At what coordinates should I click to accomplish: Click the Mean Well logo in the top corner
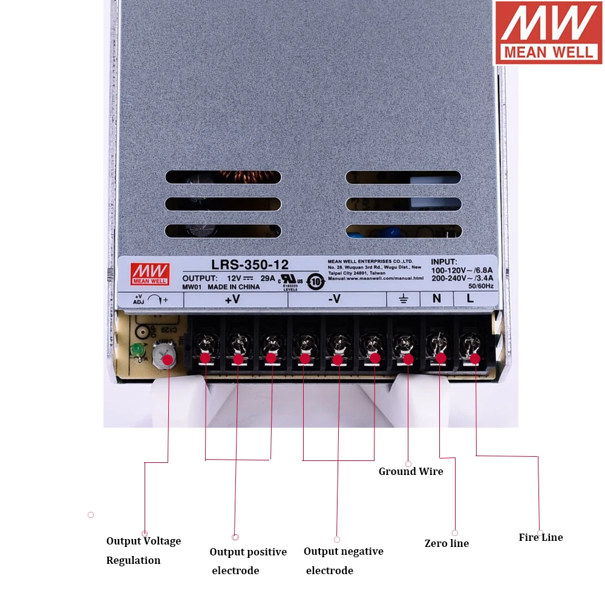pyautogui.click(x=549, y=32)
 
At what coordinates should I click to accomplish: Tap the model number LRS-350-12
pyautogui.click(x=250, y=264)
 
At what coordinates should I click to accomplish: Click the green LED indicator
pyautogui.click(x=137, y=350)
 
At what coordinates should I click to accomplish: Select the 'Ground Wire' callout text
pyautogui.click(x=411, y=471)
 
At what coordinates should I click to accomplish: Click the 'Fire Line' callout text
pyautogui.click(x=541, y=537)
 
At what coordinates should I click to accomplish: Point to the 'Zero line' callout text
pyautogui.click(x=446, y=543)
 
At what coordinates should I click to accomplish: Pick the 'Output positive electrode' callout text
pyautogui.click(x=248, y=561)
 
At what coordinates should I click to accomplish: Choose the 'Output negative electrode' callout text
pyautogui.click(x=343, y=561)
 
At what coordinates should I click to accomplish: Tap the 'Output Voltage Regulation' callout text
pyautogui.click(x=143, y=551)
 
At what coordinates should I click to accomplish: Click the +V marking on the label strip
pyautogui.click(x=232, y=299)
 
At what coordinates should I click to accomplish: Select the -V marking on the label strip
pyautogui.click(x=334, y=299)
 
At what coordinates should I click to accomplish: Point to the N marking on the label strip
pyautogui.click(x=436, y=298)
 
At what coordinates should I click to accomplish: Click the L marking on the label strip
pyautogui.click(x=470, y=298)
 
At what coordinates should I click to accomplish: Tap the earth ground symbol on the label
pyautogui.click(x=404, y=299)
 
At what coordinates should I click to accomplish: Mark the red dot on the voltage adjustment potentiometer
pyautogui.click(x=168, y=359)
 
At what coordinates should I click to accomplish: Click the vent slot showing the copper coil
pyautogui.click(x=223, y=177)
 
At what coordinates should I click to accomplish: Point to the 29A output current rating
pyautogui.click(x=267, y=278)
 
